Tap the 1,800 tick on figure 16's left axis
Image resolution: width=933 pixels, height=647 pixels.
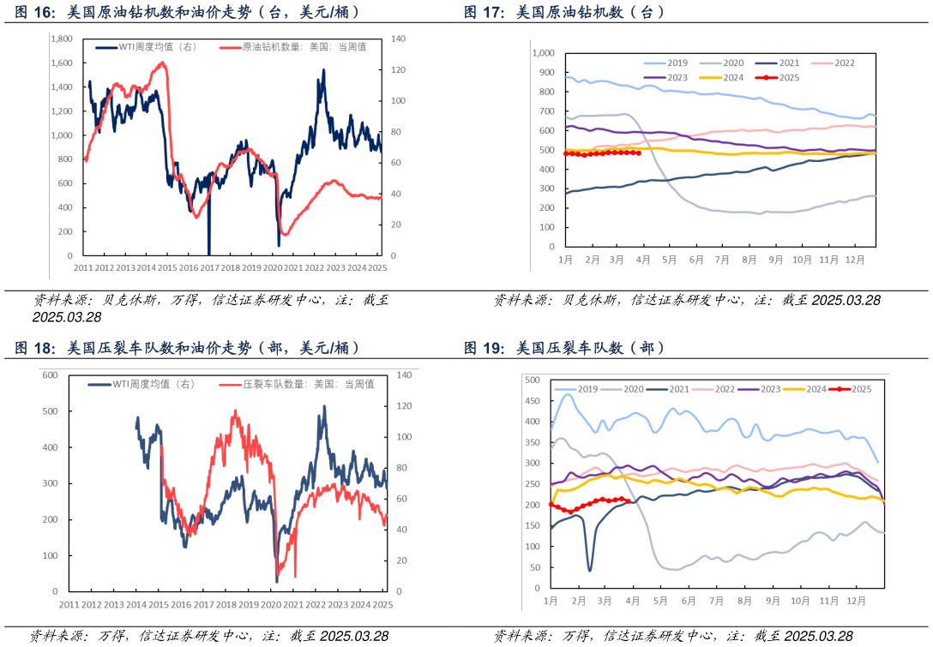tap(62, 39)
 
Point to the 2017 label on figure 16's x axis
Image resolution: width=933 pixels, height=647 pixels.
tap(209, 267)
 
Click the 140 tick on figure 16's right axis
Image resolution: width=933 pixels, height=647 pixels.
tap(398, 39)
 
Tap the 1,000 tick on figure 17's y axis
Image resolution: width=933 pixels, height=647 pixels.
tap(545, 53)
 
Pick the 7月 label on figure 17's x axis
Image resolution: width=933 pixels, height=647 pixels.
tap(722, 259)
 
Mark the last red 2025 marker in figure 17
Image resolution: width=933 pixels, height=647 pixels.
tap(639, 153)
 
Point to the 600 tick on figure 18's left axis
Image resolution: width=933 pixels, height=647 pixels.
tap(50, 375)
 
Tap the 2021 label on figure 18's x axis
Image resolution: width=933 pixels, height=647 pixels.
tap(293, 604)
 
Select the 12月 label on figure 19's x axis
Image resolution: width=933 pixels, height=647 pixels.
tap(855, 601)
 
